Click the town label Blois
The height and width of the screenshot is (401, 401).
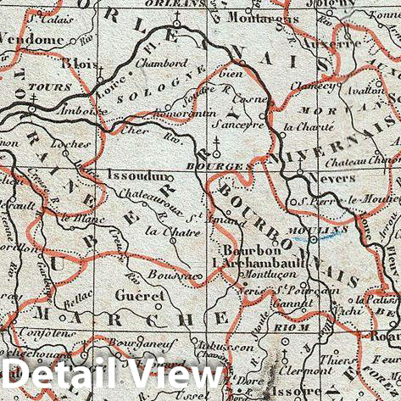(82, 64)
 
